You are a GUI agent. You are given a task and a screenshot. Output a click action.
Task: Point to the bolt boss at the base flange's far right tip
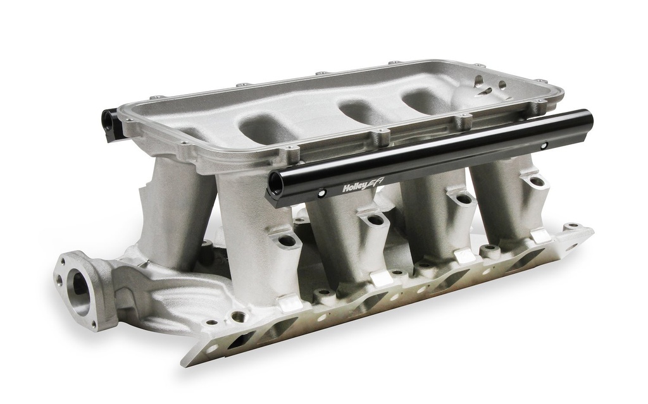tap(573, 225)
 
